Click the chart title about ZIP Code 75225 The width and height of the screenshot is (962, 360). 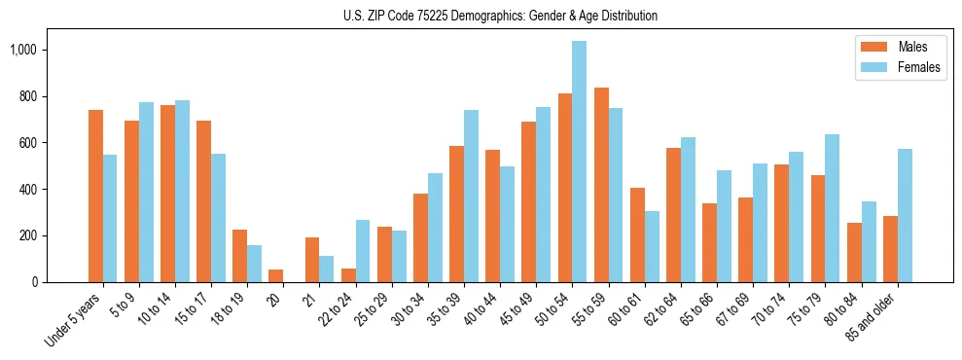(500, 16)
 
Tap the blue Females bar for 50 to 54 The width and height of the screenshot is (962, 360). (579, 162)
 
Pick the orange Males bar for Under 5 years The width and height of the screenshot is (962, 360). (95, 196)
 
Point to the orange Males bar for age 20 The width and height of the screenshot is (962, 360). (276, 275)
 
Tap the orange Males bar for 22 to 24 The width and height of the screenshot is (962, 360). (348, 275)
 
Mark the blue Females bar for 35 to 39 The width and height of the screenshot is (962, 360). (471, 196)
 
